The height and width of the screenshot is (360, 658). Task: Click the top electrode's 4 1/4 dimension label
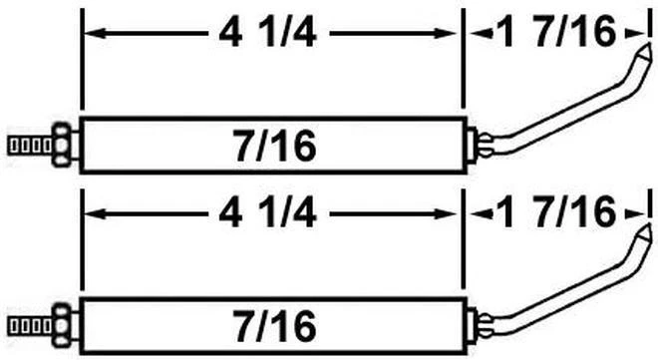click(x=271, y=36)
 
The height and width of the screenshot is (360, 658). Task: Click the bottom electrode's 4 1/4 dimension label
click(x=271, y=213)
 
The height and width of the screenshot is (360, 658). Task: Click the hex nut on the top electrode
click(x=61, y=145)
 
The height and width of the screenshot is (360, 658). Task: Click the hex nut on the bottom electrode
click(x=61, y=324)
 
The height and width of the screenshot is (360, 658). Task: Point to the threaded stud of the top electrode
click(x=27, y=145)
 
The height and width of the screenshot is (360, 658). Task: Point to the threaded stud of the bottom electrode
click(x=27, y=324)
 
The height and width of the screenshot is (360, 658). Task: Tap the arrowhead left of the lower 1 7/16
click(x=476, y=213)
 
